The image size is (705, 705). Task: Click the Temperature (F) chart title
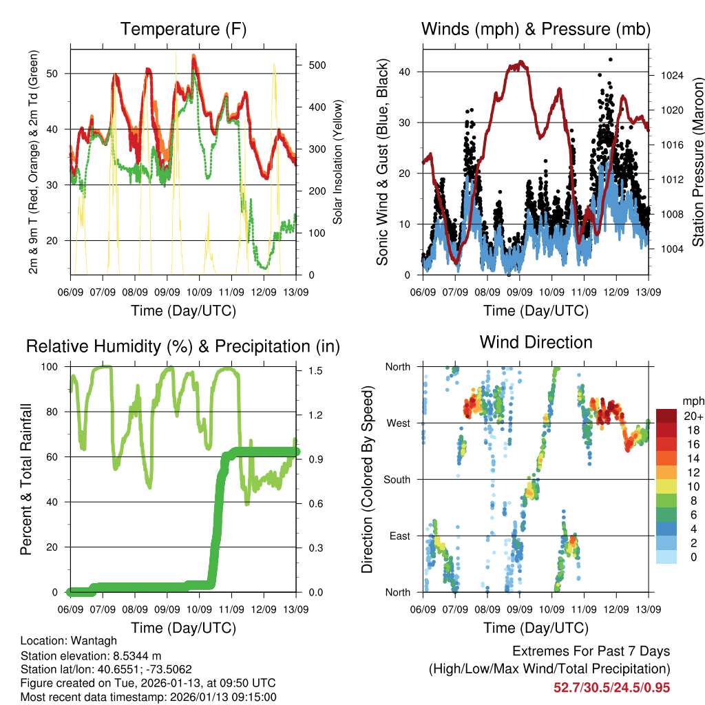183,30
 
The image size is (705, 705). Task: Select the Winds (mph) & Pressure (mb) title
536,30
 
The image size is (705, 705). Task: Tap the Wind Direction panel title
536,342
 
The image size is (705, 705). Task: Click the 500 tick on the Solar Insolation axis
316,65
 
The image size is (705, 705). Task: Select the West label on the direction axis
399,423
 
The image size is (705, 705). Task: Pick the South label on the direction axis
397,479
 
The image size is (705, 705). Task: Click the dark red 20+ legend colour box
666,416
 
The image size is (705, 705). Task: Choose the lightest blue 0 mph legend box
666,556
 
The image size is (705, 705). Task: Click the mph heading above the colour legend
692,401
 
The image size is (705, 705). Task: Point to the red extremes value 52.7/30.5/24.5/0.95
611,687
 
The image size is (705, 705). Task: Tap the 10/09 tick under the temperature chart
200,292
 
